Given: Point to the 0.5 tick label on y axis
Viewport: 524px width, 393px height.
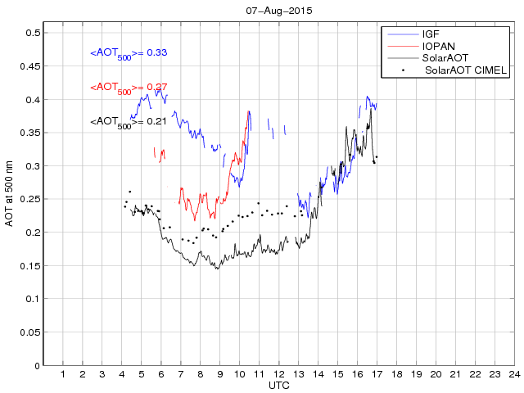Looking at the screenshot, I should [33, 34].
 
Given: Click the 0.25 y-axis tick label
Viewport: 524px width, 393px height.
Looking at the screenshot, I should [30, 200].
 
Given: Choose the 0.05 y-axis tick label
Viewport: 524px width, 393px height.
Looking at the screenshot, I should [30, 332].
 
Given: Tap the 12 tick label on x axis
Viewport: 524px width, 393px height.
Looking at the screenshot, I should [278, 374].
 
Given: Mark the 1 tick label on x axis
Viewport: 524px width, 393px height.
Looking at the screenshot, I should [63, 374].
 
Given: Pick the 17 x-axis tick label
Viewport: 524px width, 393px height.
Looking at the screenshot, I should [377, 374].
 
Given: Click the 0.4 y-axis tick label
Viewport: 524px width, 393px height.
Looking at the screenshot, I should [33, 100].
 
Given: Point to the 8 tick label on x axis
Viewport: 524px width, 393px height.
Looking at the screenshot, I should [201, 374].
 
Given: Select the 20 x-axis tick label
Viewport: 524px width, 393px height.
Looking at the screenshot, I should [436, 374].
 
